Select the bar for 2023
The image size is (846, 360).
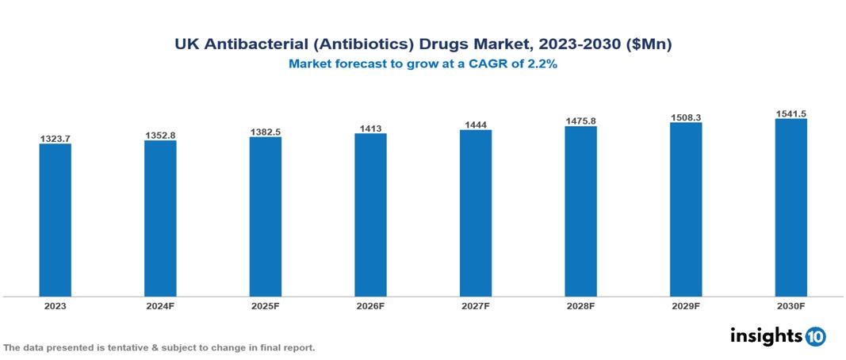pos(56,220)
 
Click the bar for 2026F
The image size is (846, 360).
pos(370,215)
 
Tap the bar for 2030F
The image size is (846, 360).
pos(790,208)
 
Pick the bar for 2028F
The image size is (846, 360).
pos(580,211)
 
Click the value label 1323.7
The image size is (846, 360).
pos(56,139)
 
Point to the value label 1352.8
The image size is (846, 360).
pos(160,136)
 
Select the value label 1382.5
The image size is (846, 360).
pos(265,132)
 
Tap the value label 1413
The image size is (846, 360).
pos(370,128)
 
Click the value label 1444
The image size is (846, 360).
pos(475,124)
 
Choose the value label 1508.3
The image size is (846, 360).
pos(686,117)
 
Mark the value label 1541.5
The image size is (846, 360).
pos(790,113)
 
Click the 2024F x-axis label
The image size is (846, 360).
pos(160,305)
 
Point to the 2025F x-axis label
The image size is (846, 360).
pos(265,305)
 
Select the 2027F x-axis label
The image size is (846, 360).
pos(475,305)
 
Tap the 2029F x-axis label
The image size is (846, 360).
pos(686,305)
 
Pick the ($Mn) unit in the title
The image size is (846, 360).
pos(648,45)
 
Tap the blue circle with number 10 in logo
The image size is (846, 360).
pos(815,336)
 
